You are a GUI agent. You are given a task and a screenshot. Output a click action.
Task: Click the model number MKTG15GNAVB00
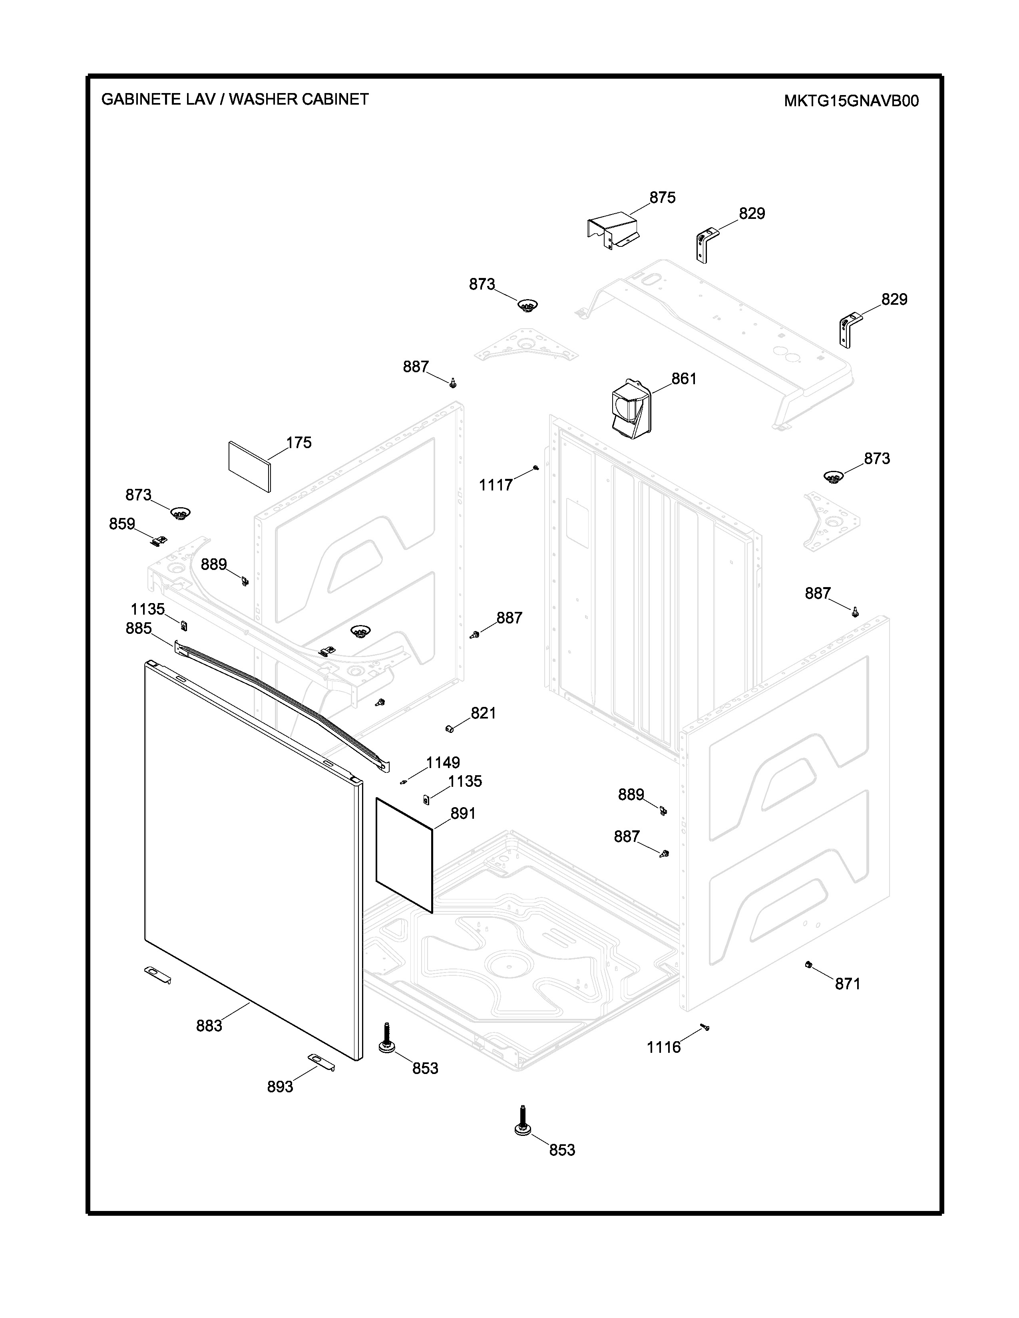tap(851, 101)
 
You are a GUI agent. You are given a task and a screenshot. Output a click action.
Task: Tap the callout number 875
tap(662, 197)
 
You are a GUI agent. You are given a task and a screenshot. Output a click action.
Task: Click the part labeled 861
tap(631, 409)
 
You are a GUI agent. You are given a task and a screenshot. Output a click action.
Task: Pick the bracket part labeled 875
tap(613, 229)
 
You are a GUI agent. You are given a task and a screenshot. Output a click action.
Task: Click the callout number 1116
tap(663, 1047)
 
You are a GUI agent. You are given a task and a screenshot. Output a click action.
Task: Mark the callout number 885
tap(138, 628)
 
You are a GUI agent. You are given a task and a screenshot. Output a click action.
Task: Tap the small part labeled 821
tap(449, 728)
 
